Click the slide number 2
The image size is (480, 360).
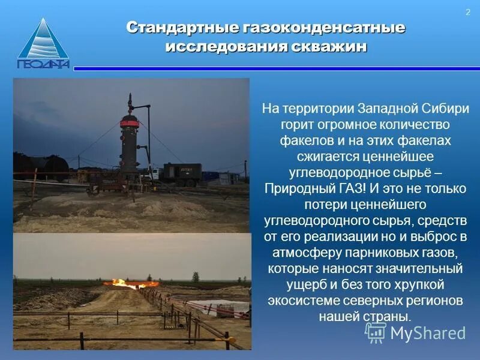point(467,13)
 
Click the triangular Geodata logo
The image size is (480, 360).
point(43,44)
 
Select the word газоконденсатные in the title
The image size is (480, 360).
point(324,28)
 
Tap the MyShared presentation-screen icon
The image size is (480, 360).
point(376,332)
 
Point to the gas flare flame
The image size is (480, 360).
point(128,282)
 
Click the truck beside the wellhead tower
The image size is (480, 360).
point(182,173)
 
